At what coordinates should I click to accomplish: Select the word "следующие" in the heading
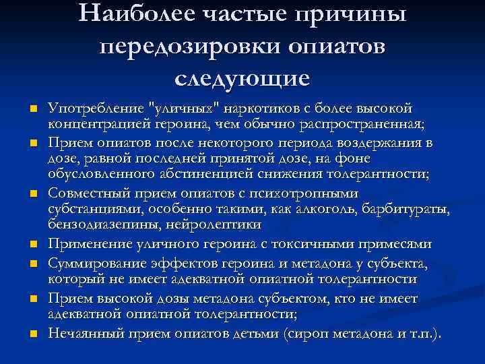point(242,78)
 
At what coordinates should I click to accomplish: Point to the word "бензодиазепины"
point(98,226)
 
